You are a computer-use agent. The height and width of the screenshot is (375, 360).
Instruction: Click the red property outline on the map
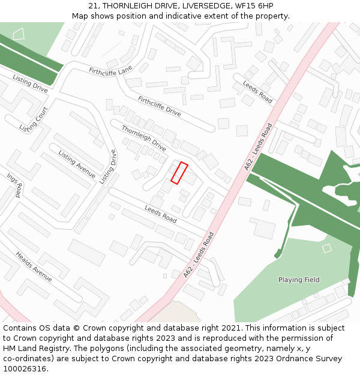tap(179, 173)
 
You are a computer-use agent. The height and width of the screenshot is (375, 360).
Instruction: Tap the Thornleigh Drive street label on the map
tap(144, 138)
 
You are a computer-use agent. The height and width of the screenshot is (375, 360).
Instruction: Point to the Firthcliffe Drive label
tap(159, 106)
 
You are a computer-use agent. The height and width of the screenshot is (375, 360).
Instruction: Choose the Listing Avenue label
tap(77, 164)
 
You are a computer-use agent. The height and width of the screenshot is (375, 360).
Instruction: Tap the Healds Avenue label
tap(34, 266)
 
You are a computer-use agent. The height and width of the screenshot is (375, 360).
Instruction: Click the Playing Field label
tap(299, 280)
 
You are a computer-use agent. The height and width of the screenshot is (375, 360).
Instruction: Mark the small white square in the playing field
tap(326, 248)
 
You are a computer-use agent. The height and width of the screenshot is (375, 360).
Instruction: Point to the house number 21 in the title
tap(93, 5)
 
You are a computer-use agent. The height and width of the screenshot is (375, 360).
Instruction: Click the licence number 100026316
tap(25, 369)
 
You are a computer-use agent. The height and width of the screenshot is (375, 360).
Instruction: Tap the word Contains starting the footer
tap(19, 328)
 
